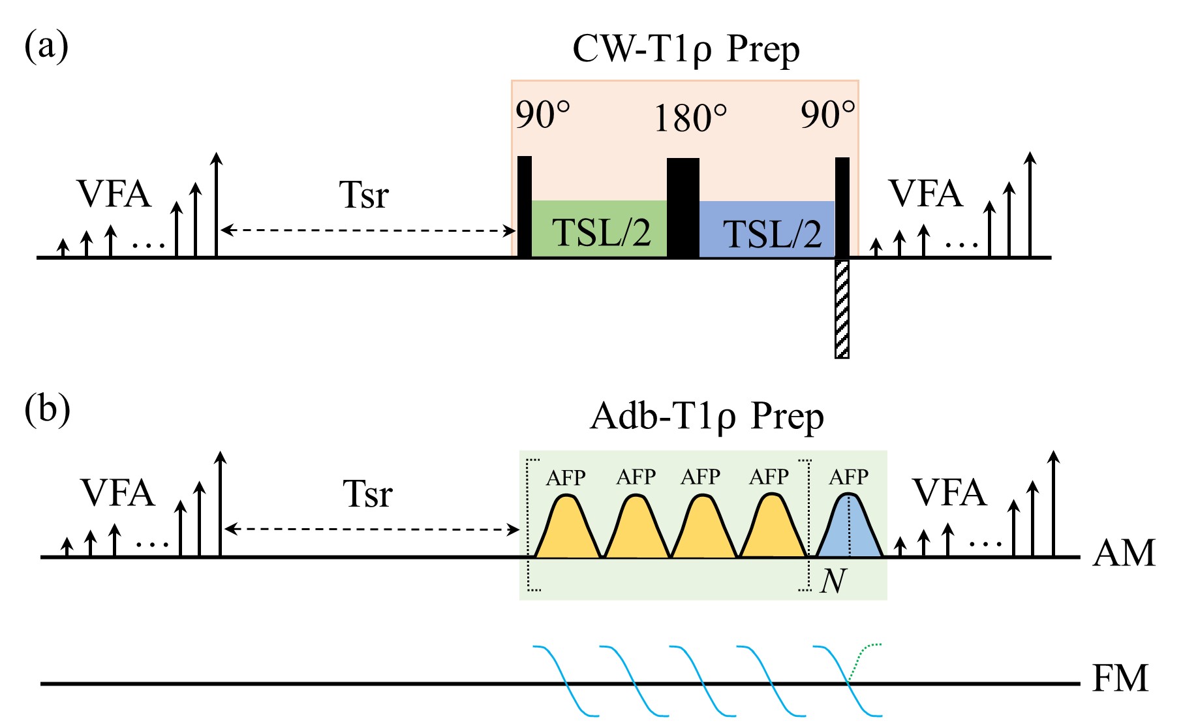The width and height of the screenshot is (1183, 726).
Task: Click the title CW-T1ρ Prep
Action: [685, 50]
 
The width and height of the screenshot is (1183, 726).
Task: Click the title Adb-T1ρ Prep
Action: [706, 417]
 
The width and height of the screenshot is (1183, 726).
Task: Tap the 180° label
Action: [690, 119]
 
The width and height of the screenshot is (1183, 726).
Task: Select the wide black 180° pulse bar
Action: [683, 208]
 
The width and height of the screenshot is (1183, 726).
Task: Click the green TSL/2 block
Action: [599, 229]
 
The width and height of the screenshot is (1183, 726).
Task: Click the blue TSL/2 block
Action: [767, 229]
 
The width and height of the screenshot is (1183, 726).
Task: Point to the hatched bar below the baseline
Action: [842, 308]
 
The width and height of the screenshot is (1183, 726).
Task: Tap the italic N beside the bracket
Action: [833, 580]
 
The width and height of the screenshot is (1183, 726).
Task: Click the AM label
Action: [1124, 554]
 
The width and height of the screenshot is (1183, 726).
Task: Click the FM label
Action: [1120, 679]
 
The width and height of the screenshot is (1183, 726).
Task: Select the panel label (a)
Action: [46, 47]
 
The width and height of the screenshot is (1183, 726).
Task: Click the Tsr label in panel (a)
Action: [363, 195]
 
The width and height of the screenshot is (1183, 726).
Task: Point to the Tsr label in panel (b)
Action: [367, 494]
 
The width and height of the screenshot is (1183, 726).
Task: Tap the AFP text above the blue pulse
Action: [848, 477]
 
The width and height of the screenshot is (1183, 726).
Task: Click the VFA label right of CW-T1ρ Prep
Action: [925, 194]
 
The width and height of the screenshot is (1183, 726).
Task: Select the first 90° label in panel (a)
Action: [542, 116]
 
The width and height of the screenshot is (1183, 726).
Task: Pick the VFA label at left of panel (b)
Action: [117, 493]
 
